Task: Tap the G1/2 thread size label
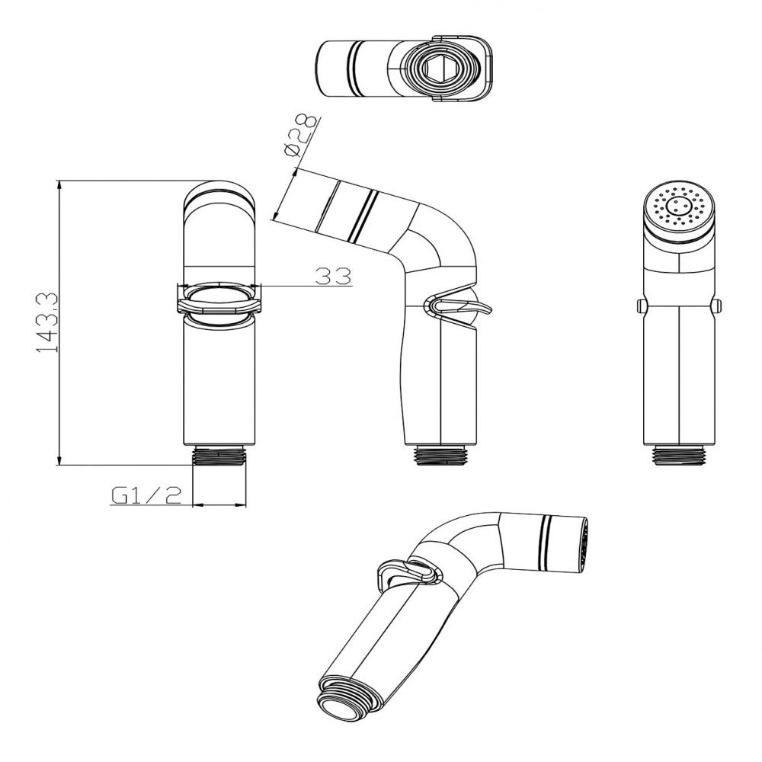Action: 146,495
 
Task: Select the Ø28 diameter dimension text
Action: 302,136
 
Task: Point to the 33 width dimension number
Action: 334,277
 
